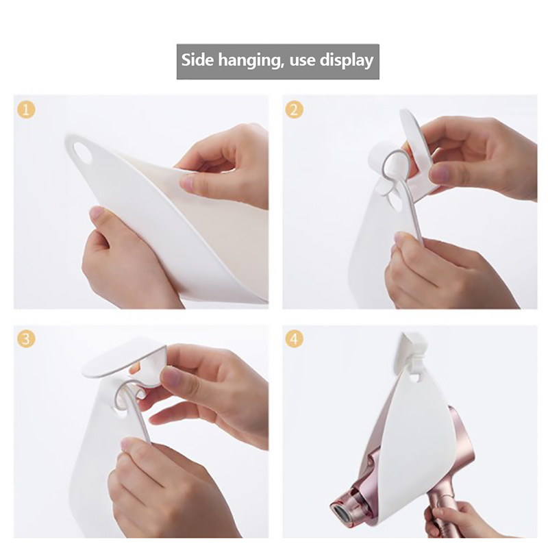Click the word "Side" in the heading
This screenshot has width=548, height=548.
197,60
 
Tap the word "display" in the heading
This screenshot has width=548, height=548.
347,61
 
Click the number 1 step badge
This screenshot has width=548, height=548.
26,110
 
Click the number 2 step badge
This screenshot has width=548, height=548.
295,110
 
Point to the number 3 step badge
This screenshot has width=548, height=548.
26,339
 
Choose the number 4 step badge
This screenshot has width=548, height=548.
295,339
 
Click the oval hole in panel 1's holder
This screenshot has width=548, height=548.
82,151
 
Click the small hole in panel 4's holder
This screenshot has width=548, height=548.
414,377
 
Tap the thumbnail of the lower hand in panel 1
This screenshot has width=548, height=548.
99,212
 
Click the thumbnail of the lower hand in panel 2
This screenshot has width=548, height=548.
402,238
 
